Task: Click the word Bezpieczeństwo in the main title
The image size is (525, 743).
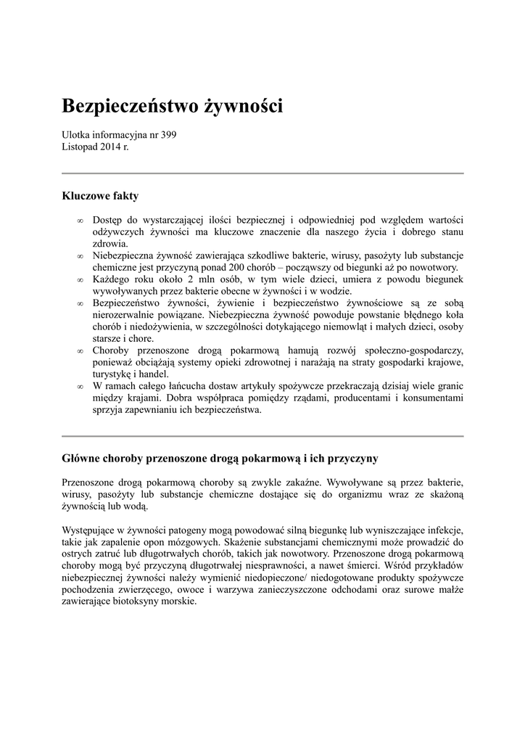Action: click(121, 106)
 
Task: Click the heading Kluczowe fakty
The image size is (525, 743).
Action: click(100, 196)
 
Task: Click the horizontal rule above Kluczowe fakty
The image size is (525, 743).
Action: click(262, 173)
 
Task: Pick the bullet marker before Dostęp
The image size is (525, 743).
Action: click(80, 220)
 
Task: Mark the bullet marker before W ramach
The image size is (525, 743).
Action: click(80, 386)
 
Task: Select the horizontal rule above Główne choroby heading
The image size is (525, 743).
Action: click(262, 436)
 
